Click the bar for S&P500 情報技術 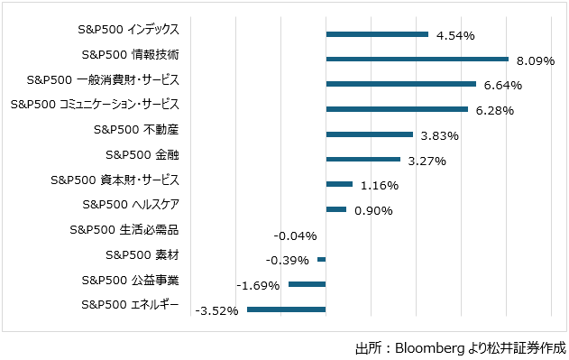point(417,60)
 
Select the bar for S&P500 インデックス point(377,34)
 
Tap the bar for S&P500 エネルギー point(286,309)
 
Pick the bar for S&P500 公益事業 point(307,284)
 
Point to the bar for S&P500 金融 point(363,160)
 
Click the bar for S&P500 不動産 point(369,134)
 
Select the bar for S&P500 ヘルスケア point(335,209)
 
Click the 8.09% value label point(535,61)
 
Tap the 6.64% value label point(502,86)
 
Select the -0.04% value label point(294,235)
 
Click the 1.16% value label point(379,186)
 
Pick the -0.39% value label point(288,260)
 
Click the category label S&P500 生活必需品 point(124,229)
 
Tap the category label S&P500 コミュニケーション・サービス point(95,104)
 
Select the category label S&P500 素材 point(142,254)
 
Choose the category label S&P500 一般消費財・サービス point(103,79)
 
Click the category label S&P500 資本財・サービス point(115,180)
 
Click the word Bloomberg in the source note point(431,347)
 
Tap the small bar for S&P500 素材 point(321,260)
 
